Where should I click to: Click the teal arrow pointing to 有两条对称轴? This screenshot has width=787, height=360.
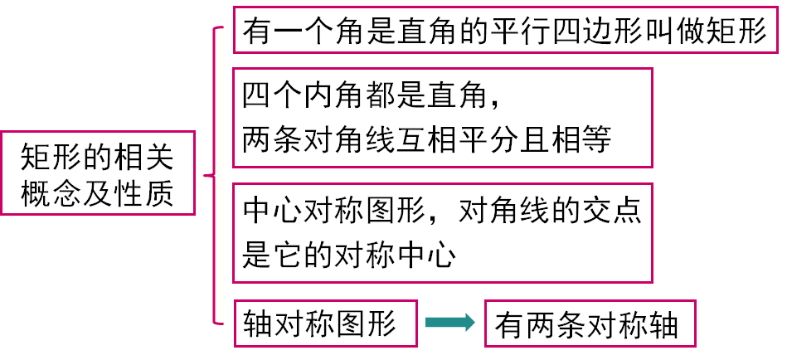449,324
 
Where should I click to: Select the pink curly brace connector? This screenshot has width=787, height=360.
213,176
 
